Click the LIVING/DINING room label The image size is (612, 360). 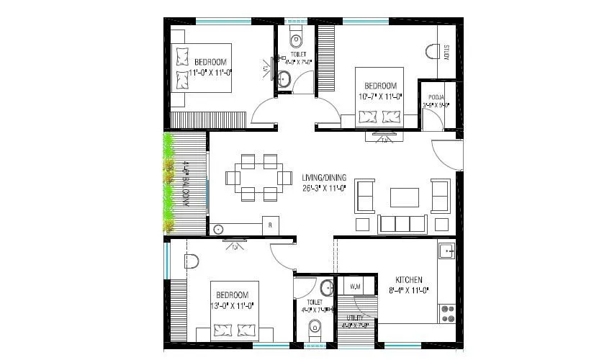[x=324, y=178]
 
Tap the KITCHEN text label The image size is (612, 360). [x=409, y=280]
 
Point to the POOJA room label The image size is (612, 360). [x=436, y=96]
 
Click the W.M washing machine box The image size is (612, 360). [x=355, y=287]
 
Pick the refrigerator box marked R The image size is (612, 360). [x=270, y=225]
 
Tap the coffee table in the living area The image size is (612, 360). [x=405, y=197]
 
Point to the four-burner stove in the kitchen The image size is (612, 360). [x=448, y=312]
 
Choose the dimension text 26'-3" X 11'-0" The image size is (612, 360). [x=324, y=189]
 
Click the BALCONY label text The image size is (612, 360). [x=186, y=184]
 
